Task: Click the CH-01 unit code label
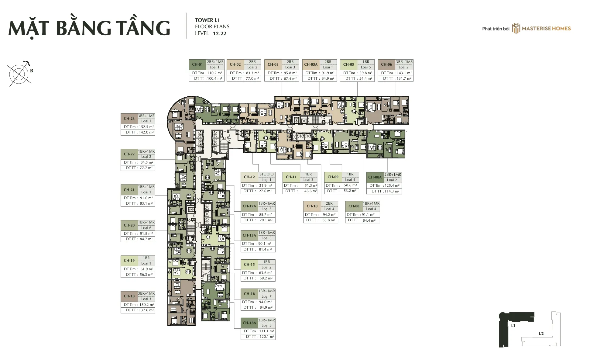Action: (x=197, y=64)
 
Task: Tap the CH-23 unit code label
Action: (x=129, y=119)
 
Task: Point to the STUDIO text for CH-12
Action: (x=266, y=174)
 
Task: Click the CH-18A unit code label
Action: (x=249, y=323)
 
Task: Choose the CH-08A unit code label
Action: (x=375, y=177)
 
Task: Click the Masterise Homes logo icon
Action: (x=516, y=28)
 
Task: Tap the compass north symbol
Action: (x=20, y=74)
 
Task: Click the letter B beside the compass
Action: (x=32, y=71)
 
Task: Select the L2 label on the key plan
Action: (x=541, y=334)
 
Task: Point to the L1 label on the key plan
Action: (x=513, y=326)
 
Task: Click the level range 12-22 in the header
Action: (x=220, y=34)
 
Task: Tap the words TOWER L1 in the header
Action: (x=207, y=20)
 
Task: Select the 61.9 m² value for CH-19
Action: (x=146, y=269)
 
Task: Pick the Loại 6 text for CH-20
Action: (x=146, y=228)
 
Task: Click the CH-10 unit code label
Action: (x=312, y=206)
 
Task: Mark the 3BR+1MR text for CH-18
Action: (x=146, y=293)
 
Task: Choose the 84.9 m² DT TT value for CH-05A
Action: (x=328, y=78)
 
